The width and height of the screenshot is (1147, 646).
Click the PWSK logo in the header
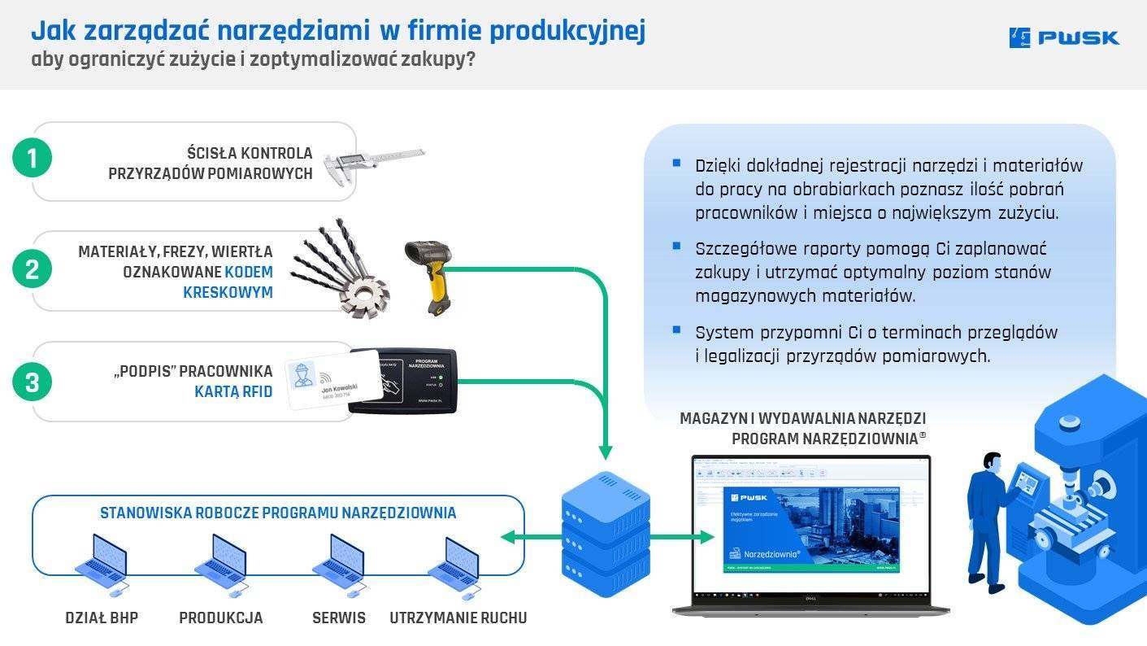(x=1063, y=37)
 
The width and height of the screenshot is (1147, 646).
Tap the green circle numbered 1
(x=33, y=159)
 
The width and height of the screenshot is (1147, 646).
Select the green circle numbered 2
(x=33, y=269)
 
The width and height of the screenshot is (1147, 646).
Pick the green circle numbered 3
(x=33, y=382)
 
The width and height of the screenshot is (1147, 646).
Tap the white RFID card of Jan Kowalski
(x=333, y=381)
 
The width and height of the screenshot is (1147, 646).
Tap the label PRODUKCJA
(x=221, y=618)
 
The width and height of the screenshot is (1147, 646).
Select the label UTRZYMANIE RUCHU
(x=458, y=618)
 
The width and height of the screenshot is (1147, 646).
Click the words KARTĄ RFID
(x=233, y=392)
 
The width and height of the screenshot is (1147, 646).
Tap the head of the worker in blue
(x=992, y=465)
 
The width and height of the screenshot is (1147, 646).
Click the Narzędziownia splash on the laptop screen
(x=810, y=529)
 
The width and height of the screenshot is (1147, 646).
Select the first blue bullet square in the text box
(x=676, y=163)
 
